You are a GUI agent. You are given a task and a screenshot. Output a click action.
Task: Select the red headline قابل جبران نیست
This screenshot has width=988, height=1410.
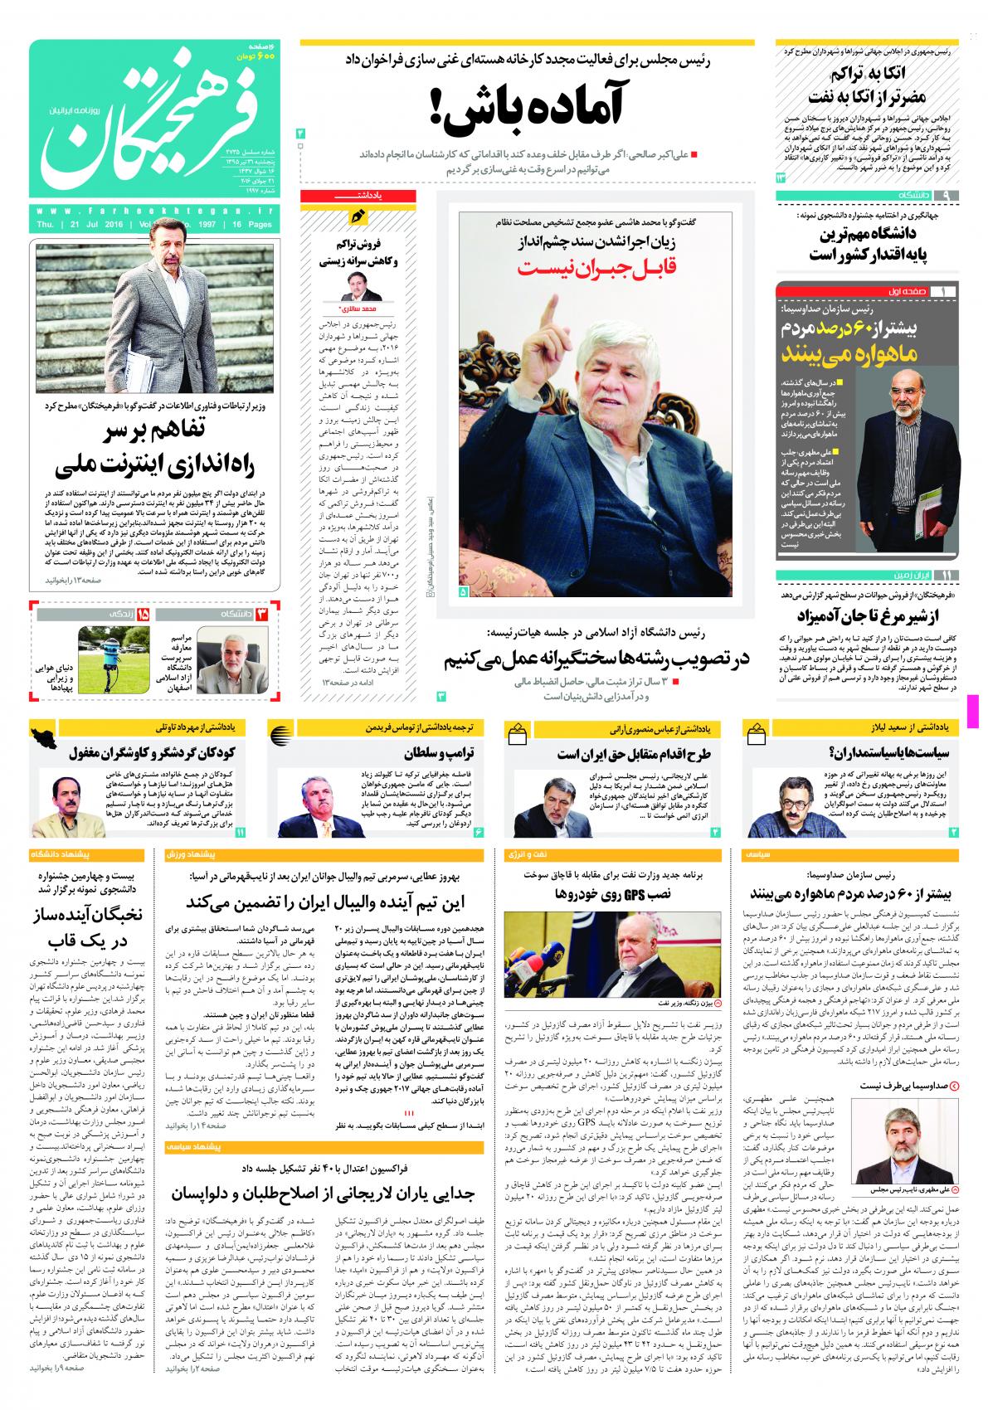[595, 267]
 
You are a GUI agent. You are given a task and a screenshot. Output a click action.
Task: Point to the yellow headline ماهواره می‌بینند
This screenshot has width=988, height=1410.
[864, 354]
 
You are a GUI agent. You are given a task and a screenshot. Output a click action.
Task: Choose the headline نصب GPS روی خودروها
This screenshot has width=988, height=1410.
[612, 896]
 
